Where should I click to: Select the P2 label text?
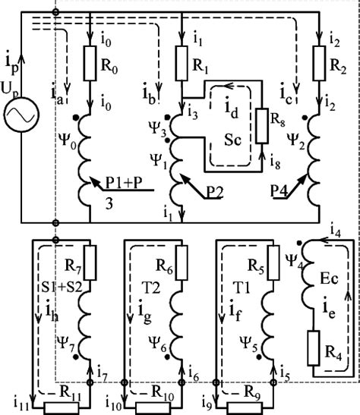[213, 195]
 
